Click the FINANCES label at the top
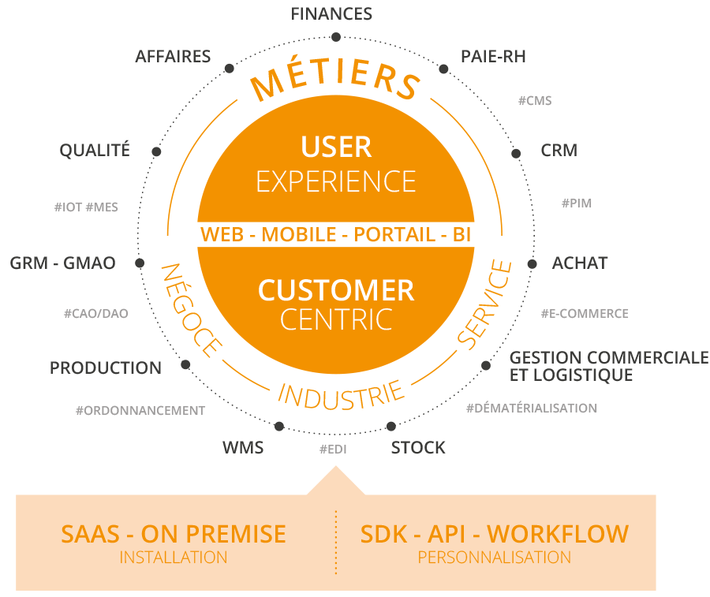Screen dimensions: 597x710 (331, 13)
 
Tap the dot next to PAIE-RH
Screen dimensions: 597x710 (443, 70)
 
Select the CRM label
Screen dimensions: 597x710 (559, 150)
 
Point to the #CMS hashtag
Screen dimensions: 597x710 (534, 101)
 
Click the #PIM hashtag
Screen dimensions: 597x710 (576, 203)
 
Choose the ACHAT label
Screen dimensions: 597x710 (580, 263)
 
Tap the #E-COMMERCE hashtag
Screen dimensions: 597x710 (584, 314)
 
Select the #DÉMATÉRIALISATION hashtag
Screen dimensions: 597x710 (531, 409)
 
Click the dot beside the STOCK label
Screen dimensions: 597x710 (391, 427)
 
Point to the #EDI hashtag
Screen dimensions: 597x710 (333, 450)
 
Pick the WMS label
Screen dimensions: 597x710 (243, 449)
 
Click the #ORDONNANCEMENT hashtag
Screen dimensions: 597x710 (140, 411)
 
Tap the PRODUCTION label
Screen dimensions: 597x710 (106, 368)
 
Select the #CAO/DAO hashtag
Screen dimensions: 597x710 (95, 314)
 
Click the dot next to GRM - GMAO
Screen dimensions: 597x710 (140, 263)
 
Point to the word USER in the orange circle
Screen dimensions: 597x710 (336, 147)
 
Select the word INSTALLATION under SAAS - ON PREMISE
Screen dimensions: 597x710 (174, 558)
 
